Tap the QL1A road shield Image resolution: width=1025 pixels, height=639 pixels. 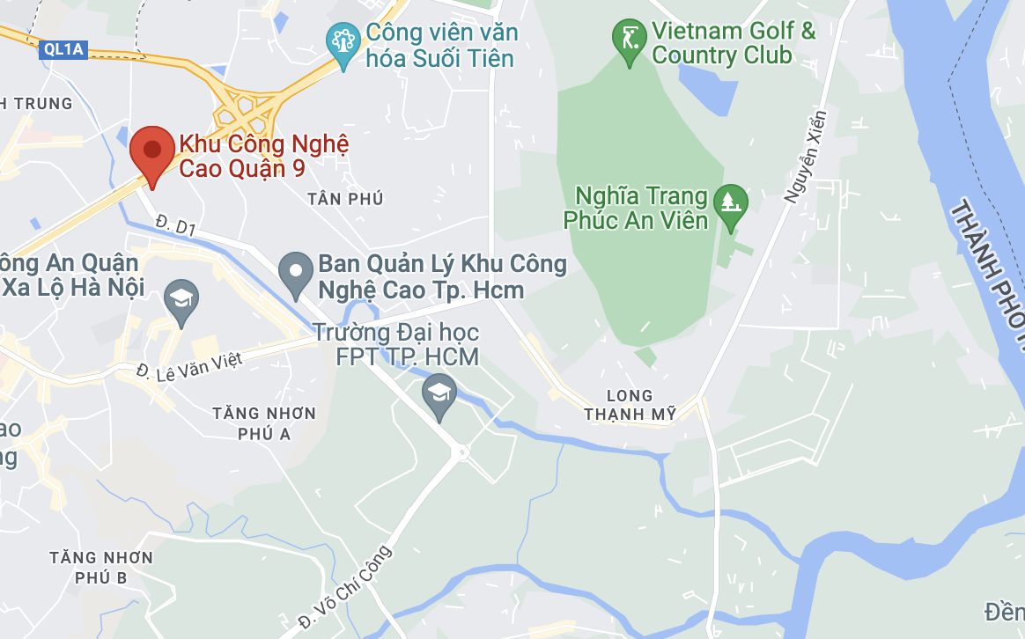[63, 49]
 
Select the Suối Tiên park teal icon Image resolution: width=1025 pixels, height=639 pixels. [342, 40]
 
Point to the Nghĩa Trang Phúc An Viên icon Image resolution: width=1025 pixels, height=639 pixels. [730, 202]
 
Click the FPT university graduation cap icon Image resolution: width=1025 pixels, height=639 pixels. [439, 392]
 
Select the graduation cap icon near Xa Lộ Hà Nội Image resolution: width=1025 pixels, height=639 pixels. [181, 298]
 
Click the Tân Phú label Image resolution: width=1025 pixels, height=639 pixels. [346, 199]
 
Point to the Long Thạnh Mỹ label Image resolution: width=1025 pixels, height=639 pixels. [630, 405]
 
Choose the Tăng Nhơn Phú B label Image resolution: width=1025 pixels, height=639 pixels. [101, 567]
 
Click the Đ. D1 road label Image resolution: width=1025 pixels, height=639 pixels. [174, 225]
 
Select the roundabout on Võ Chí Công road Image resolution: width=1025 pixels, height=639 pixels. [461, 452]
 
